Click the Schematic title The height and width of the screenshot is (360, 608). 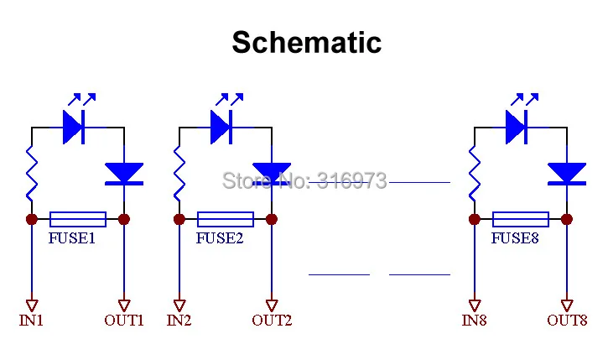tap(307, 42)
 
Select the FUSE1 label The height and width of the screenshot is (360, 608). tap(72, 238)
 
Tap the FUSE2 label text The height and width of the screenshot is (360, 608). tap(220, 238)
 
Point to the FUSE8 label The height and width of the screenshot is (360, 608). tap(515, 238)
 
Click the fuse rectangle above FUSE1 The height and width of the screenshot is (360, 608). tap(78, 219)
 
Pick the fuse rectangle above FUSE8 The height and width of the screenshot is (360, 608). tap(521, 219)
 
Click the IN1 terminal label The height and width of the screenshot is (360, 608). tap(31, 321)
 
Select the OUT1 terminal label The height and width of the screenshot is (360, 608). tap(124, 321)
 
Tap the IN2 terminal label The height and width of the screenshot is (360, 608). tap(179, 321)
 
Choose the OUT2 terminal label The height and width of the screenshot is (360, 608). tap(272, 321)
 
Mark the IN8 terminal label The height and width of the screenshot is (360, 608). tap(474, 321)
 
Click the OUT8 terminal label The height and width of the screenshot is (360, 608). tap(567, 321)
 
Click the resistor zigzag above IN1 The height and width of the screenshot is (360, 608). tap(32, 174)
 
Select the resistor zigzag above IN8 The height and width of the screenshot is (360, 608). tap(475, 174)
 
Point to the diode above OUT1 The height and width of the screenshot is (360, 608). tap(124, 174)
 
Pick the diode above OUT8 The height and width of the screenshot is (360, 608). tap(567, 174)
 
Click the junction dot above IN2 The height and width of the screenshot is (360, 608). tap(179, 219)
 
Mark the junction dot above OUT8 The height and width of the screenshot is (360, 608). tap(567, 219)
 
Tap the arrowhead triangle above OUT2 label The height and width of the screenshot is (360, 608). tap(272, 305)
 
